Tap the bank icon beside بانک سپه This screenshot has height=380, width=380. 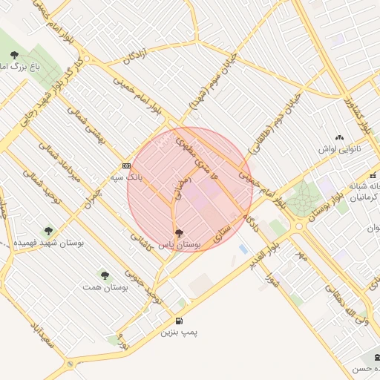click(126, 166)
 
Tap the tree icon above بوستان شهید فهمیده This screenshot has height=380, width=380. click(49, 231)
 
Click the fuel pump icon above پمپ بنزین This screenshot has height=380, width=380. click(182, 321)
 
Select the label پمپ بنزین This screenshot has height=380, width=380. click(180, 333)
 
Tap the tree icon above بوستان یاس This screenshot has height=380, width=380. click(177, 233)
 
